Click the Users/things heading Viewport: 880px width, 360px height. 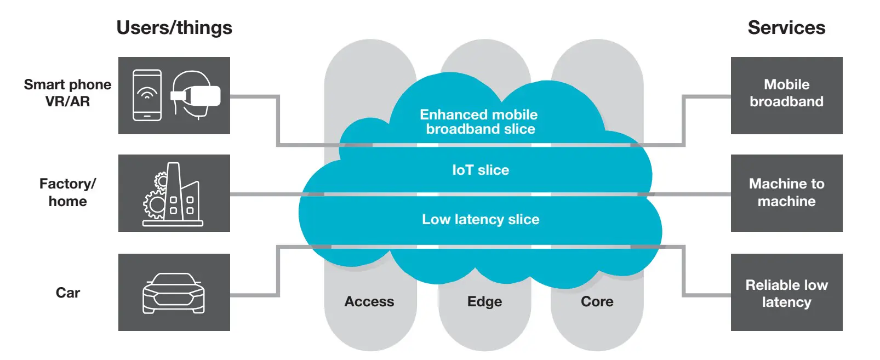[174, 27]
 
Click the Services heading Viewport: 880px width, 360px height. [786, 27]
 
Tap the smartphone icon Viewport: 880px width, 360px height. [147, 95]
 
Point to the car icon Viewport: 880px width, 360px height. [174, 293]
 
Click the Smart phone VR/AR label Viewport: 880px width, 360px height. [67, 93]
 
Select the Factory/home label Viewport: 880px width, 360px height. [67, 192]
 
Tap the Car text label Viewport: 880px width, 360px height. [68, 293]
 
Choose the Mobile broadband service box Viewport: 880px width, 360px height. [786, 95]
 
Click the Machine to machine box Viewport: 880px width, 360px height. [786, 193]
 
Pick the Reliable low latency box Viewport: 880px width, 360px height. [786, 293]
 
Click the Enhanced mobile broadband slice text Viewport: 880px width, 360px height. [479, 122]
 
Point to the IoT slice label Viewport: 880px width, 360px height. [481, 170]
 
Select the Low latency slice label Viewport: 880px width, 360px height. [481, 219]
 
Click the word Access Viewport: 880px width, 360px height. [369, 301]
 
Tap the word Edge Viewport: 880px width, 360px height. [484, 301]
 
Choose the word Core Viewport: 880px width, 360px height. [597, 301]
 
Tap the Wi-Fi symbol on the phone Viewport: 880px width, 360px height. [147, 94]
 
